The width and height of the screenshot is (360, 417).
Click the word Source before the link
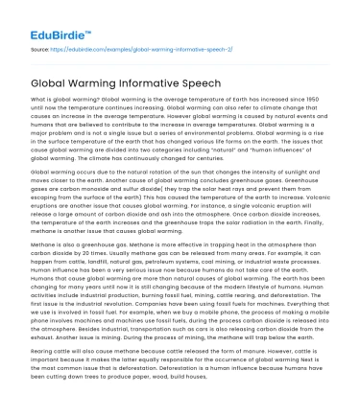(40, 46)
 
